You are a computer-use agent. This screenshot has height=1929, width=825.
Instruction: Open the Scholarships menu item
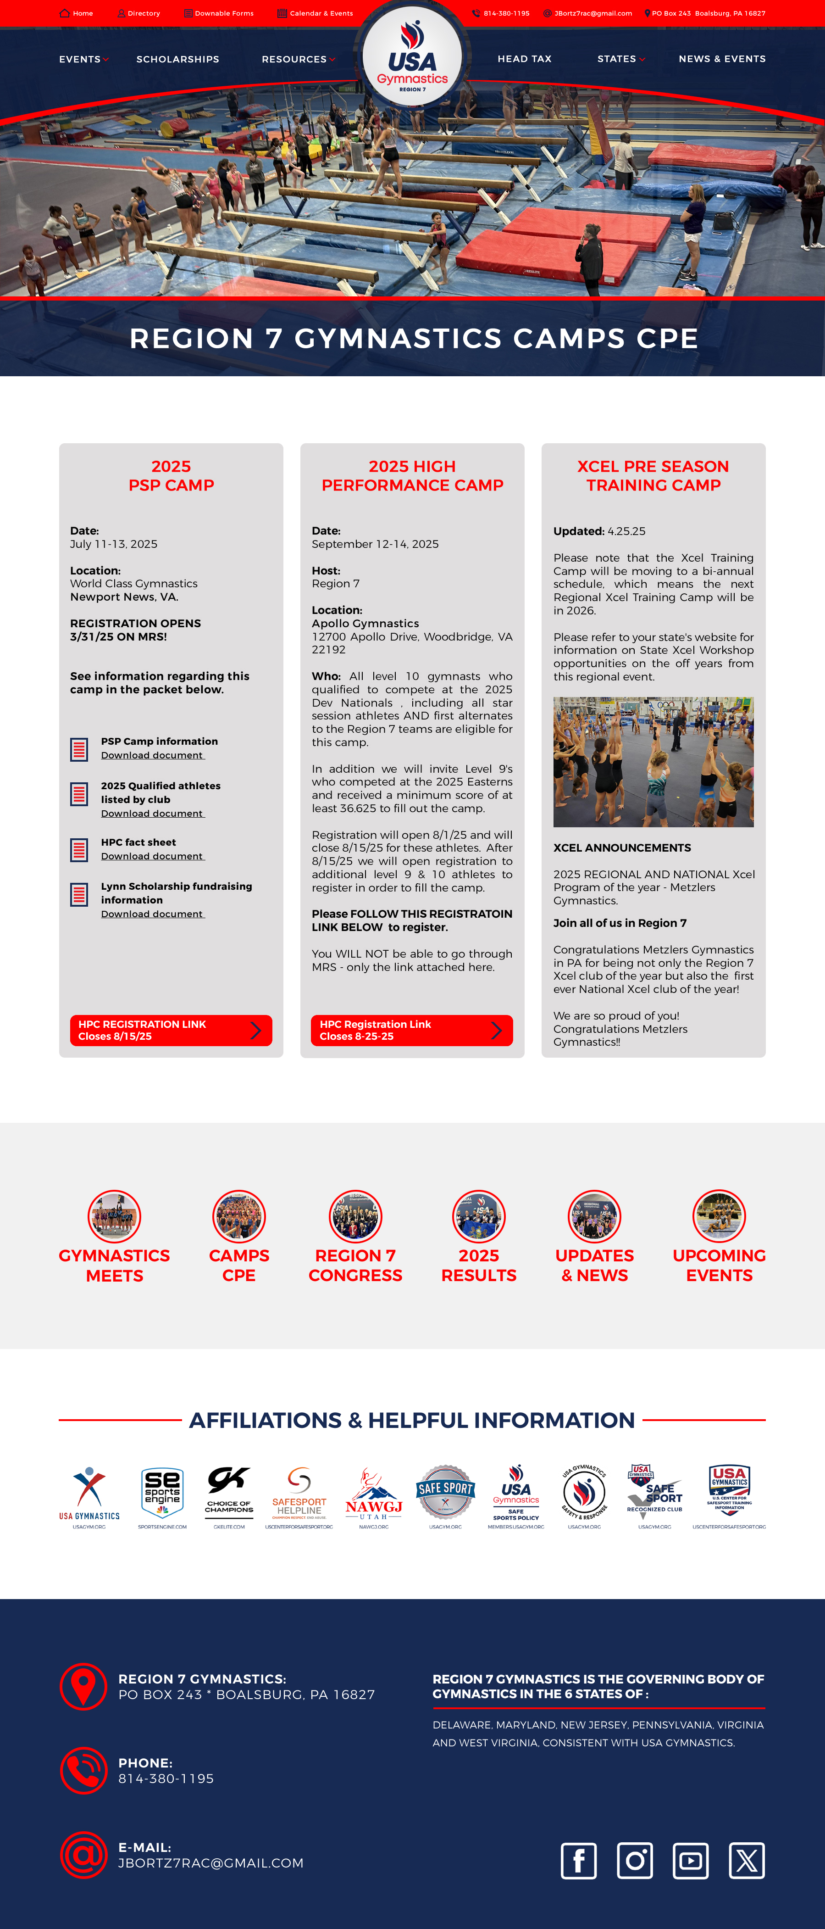click(x=177, y=59)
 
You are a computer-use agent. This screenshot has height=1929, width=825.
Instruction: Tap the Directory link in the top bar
click(x=139, y=13)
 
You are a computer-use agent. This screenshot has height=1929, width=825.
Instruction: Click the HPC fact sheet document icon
click(x=79, y=849)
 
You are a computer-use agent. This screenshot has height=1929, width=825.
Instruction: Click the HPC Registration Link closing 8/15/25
click(x=171, y=1031)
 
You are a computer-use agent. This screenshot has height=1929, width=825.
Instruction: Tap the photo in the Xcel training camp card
click(x=653, y=762)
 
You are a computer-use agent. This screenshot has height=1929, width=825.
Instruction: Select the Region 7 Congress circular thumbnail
click(x=355, y=1216)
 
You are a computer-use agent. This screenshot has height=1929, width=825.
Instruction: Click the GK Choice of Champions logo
click(x=229, y=1494)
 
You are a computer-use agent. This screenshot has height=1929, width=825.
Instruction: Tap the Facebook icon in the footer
click(x=579, y=1861)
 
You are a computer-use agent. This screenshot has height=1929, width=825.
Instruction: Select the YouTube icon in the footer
click(x=690, y=1861)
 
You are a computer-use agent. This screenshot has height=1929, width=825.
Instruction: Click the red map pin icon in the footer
click(x=83, y=1686)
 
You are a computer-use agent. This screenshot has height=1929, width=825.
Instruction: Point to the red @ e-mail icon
click(x=83, y=1855)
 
